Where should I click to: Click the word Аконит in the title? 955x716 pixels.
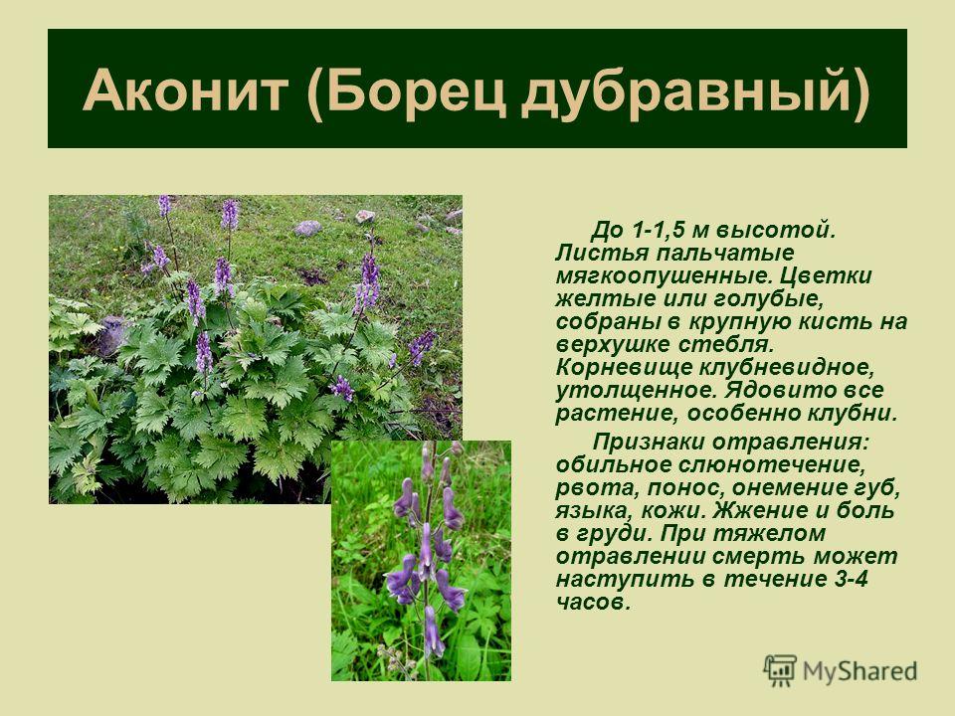pyautogui.click(x=185, y=90)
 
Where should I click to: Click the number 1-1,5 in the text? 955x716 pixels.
pyautogui.click(x=659, y=231)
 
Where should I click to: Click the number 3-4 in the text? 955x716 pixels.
pyautogui.click(x=849, y=579)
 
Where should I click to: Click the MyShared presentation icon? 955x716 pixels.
pyautogui.click(x=779, y=670)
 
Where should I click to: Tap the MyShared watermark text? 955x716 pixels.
pyautogui.click(x=859, y=671)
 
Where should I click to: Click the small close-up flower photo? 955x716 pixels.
pyautogui.click(x=421, y=560)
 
